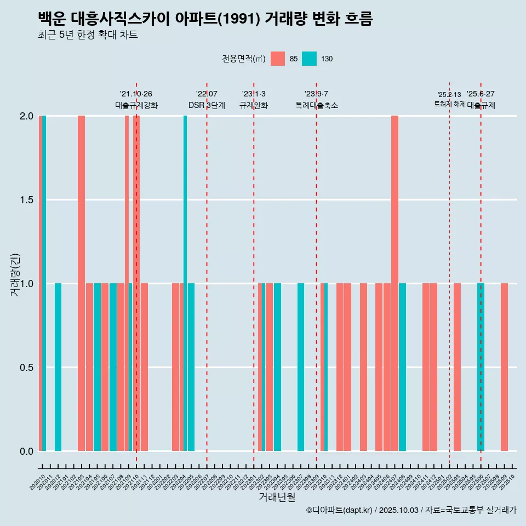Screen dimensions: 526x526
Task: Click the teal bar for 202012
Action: coord(58,367)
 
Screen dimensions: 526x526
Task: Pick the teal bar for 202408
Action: coord(402,367)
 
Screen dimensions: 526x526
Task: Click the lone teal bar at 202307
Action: coord(301,367)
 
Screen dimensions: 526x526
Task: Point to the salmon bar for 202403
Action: coord(363,367)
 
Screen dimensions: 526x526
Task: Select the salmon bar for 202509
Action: coord(504,367)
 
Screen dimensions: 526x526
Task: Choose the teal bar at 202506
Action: coord(481,367)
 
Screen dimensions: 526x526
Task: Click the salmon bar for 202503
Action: coord(457,367)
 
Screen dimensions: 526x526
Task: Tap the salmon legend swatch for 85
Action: coord(278,59)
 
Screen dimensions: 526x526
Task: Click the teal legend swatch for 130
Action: coord(310,59)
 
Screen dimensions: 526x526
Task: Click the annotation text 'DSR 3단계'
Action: coord(207,106)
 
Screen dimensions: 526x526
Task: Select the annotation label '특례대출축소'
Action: coord(316,106)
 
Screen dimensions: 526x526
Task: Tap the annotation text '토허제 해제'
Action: coord(449,104)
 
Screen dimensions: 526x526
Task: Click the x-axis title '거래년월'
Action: coord(277,498)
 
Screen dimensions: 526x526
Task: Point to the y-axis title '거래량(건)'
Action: coord(15,274)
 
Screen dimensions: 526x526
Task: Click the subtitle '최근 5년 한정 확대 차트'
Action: coord(88,36)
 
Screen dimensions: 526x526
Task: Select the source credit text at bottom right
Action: coord(411,511)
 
